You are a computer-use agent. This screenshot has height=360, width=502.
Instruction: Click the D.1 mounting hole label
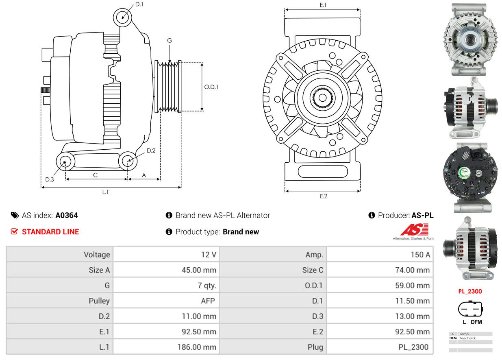point(139,4)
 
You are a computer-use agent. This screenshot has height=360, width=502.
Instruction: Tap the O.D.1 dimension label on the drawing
point(211,87)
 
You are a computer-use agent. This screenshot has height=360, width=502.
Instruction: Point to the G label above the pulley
point(170,40)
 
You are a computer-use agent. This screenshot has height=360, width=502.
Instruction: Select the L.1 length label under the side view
point(105,192)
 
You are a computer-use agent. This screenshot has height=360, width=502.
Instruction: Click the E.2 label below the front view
point(323,196)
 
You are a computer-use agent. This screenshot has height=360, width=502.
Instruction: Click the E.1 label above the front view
point(323,5)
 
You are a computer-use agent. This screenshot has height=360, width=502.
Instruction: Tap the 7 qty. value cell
point(207,286)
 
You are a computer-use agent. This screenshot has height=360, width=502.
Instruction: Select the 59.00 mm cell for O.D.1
point(412,286)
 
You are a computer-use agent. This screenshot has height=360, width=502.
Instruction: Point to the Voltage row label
point(97,255)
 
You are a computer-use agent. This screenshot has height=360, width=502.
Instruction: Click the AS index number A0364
point(67,216)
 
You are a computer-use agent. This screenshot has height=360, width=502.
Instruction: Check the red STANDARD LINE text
point(50,232)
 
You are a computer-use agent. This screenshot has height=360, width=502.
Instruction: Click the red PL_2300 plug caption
point(470,291)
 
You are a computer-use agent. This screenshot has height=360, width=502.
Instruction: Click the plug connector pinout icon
point(470,309)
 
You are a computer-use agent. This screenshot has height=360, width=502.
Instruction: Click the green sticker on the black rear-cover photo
point(464,173)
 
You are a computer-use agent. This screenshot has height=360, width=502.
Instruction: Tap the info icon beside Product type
point(169,232)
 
